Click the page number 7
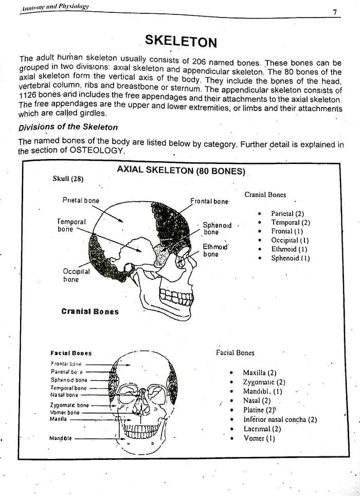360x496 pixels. (x=334, y=12)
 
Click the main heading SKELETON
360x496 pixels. (x=181, y=41)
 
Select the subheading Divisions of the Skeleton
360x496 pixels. (x=68, y=127)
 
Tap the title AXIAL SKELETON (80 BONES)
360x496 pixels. (x=181, y=170)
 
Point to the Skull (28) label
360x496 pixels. (x=68, y=179)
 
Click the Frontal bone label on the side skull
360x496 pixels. (x=209, y=201)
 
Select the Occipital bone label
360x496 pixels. (x=76, y=275)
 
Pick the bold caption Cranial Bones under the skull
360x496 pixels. (x=89, y=311)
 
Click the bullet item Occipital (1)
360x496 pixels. (x=290, y=240)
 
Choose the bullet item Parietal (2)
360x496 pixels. (x=287, y=214)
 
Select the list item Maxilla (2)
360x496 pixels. (x=260, y=373)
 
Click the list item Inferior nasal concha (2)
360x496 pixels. (x=280, y=419)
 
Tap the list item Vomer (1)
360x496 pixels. (x=259, y=438)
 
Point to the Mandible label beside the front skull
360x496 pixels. (x=61, y=438)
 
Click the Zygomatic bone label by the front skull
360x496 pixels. (x=69, y=405)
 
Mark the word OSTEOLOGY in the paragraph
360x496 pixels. (x=99, y=151)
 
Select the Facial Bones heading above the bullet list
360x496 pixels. (x=235, y=352)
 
